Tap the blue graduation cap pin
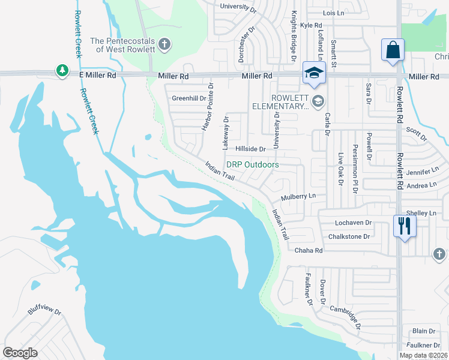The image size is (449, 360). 313,73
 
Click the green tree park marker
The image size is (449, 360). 62,71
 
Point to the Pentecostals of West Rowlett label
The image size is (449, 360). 123,44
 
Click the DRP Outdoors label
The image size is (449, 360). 252,164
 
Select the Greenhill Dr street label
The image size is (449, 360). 189,98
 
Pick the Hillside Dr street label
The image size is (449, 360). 250,149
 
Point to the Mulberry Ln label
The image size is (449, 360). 298,196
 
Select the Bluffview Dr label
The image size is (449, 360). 44,312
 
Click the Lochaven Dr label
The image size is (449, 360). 349,223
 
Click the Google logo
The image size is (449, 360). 20,353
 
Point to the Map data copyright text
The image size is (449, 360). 423,355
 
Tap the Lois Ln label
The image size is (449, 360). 334,13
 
